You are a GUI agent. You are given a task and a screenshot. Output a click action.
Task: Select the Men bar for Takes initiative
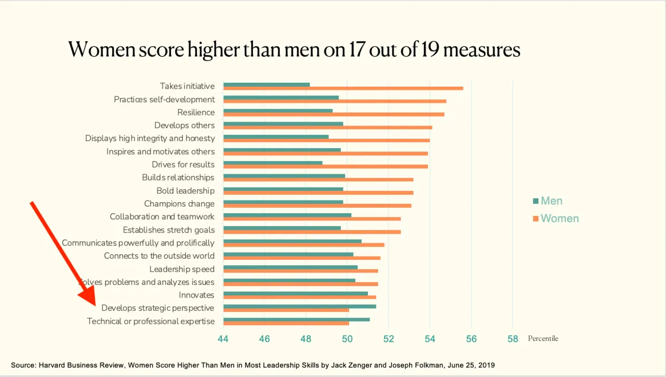tap(266, 84)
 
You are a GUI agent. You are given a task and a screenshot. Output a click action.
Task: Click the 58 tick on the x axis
tap(512, 339)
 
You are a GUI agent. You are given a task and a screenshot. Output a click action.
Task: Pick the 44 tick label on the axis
tap(223, 339)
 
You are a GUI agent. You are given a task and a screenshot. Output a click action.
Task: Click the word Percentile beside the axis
tap(543, 339)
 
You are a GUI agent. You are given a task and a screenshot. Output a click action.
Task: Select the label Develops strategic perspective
tap(158, 308)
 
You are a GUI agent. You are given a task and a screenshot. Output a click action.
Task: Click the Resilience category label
tap(196, 112)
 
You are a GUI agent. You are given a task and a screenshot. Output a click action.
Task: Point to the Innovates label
tap(196, 295)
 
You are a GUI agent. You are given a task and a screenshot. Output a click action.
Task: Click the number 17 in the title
tap(351, 51)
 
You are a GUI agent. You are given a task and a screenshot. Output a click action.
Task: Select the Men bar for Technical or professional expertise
tap(296, 319)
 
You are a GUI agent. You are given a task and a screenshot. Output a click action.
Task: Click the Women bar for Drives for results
tap(325, 166)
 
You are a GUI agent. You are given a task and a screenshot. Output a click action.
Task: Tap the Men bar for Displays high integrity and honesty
tap(276, 137)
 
